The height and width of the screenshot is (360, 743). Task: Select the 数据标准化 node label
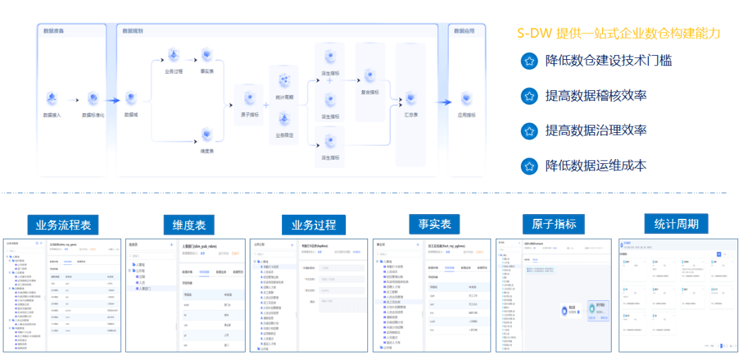pyautogui.click(x=93, y=116)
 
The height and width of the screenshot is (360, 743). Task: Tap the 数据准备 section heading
pyautogui.click(x=54, y=32)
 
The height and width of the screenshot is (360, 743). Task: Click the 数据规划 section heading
pyautogui.click(x=132, y=32)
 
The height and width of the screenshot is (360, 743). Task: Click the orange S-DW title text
pyautogui.click(x=618, y=33)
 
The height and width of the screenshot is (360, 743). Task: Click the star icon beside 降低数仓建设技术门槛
pyautogui.click(x=528, y=61)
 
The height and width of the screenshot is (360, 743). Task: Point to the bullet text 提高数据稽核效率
pyautogui.click(x=596, y=96)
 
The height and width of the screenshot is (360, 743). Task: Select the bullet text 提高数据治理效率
pyautogui.click(x=596, y=130)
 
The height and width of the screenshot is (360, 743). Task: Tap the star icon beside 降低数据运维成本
pyautogui.click(x=528, y=166)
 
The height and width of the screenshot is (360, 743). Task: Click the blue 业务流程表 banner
pyautogui.click(x=63, y=224)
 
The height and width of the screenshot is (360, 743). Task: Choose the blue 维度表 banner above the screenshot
pyautogui.click(x=189, y=224)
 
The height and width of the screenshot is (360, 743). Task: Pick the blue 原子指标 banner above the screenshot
pyautogui.click(x=554, y=224)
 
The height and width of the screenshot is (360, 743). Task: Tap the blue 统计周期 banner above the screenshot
pyautogui.click(x=676, y=224)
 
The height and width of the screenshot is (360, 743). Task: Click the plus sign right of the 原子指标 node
pyautogui.click(x=266, y=105)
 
